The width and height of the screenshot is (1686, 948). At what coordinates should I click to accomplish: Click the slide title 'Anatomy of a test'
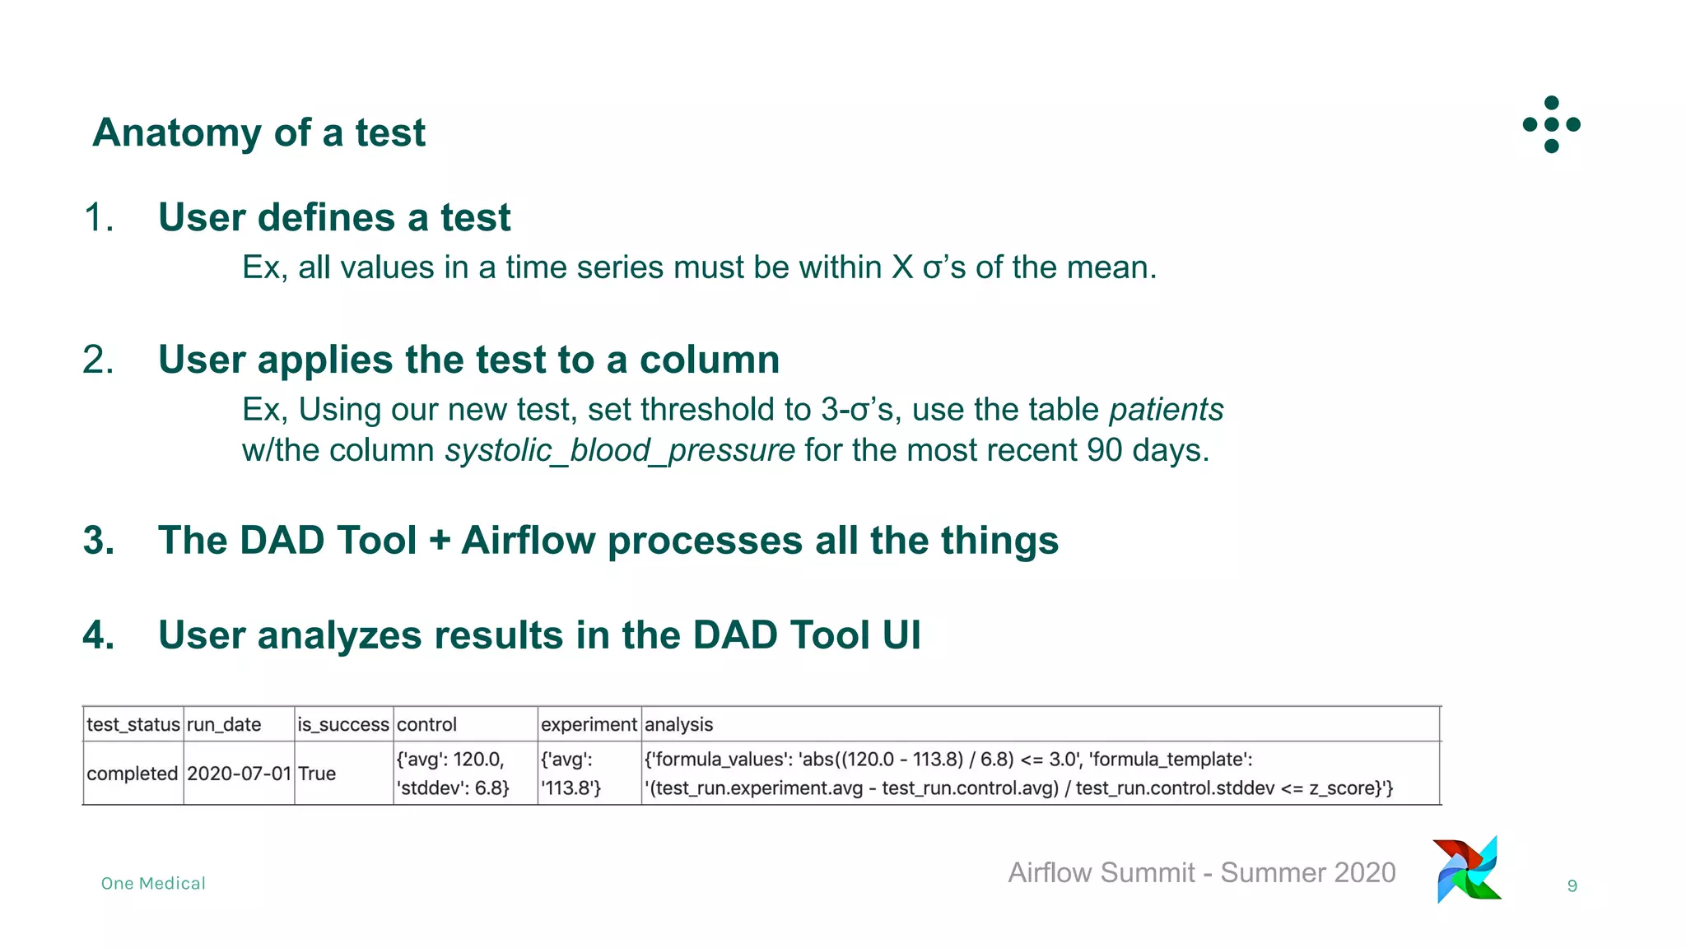[258, 132]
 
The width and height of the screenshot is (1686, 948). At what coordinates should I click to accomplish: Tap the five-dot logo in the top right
[1551, 124]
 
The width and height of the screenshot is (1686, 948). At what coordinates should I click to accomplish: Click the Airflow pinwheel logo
[1468, 869]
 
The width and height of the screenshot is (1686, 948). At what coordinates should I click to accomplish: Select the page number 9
[1572, 886]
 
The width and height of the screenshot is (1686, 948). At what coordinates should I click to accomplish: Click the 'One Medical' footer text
[153, 883]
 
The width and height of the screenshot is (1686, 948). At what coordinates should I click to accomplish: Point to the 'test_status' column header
[133, 724]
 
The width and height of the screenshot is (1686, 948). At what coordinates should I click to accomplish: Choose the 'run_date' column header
[224, 724]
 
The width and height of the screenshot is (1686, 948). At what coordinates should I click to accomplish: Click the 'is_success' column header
[343, 724]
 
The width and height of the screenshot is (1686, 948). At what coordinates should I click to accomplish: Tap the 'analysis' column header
[678, 724]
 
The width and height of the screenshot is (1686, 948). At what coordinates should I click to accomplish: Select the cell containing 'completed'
[132, 774]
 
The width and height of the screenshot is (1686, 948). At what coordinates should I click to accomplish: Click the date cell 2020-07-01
[239, 774]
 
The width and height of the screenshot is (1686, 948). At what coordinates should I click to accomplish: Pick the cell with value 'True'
[317, 774]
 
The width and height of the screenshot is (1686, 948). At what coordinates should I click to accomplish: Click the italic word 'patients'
[1166, 409]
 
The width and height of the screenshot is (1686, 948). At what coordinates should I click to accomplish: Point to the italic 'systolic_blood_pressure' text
[620, 450]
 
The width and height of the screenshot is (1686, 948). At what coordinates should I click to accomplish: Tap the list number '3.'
[99, 541]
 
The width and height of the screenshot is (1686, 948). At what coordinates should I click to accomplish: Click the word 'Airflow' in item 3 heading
[528, 541]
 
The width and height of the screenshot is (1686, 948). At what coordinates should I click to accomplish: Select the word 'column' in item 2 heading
[709, 360]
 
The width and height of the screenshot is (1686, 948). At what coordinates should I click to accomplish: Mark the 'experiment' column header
[589, 724]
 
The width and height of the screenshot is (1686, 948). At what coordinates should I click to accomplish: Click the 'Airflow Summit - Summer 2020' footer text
[1202, 872]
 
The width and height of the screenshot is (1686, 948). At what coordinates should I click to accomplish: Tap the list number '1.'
[99, 217]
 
